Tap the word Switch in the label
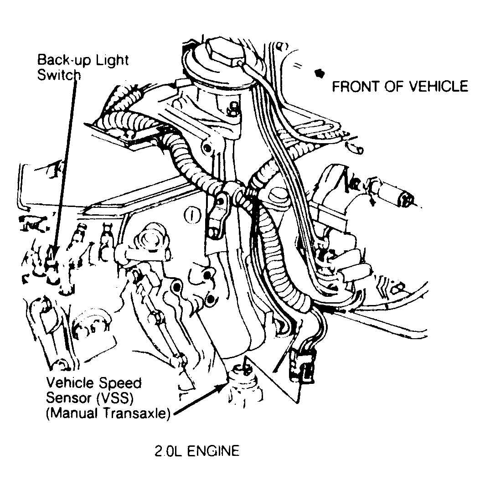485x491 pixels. (59, 75)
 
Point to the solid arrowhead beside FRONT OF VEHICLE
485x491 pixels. (320, 73)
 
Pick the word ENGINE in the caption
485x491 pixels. (213, 451)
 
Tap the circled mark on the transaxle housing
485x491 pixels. (191, 216)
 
